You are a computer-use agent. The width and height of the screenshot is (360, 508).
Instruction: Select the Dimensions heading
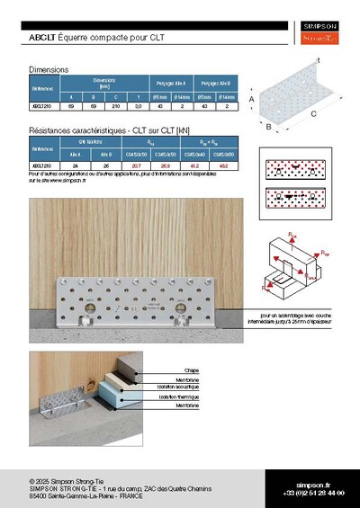(x=49, y=69)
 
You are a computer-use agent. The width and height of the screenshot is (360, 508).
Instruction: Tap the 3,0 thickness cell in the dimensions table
(x=137, y=107)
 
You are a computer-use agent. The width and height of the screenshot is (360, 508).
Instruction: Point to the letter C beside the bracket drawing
(x=312, y=115)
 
